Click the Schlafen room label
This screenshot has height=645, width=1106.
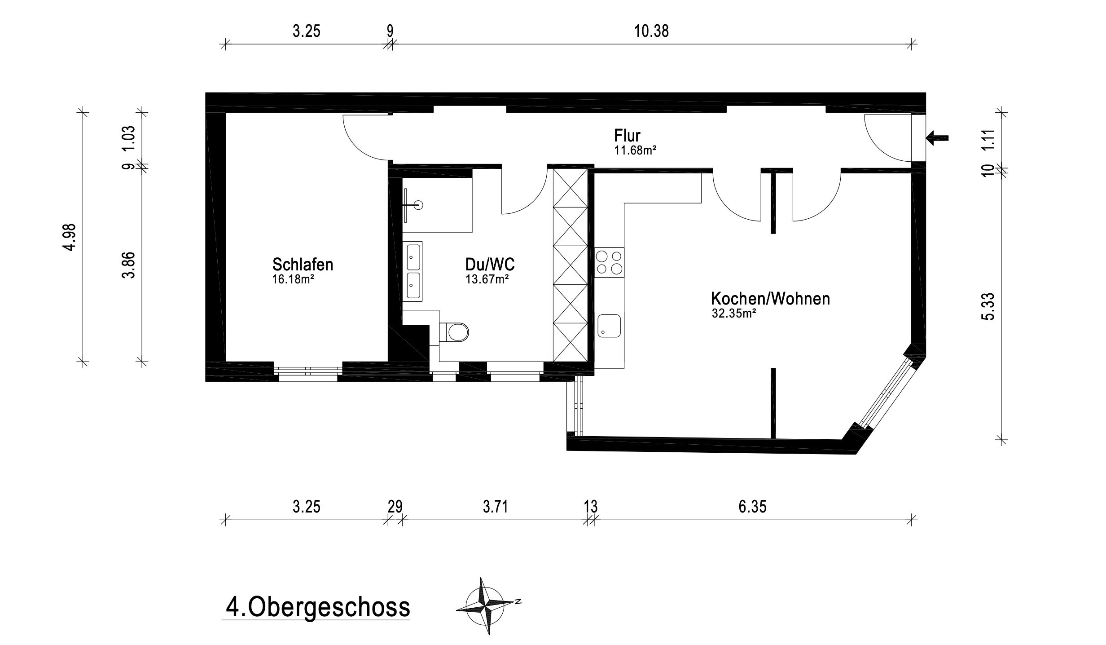pos(303,264)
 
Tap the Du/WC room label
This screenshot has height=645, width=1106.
pos(490,264)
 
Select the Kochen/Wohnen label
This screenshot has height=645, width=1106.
pos(771,299)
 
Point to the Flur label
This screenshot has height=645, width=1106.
pos(627,135)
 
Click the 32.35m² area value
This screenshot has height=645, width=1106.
pos(734,314)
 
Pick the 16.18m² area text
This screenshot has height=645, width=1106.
pos(293,279)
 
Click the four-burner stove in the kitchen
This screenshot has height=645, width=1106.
pos(610,262)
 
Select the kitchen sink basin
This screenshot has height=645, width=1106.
pos(609,326)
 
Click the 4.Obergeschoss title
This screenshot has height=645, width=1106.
pos(317,607)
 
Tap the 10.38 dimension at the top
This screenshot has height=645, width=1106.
pos(651,31)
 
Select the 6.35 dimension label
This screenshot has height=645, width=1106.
pos(752,507)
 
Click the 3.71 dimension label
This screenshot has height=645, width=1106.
pos(496,507)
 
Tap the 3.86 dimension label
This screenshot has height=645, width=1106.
pos(128,265)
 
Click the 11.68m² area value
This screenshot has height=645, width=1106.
pos(636,150)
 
